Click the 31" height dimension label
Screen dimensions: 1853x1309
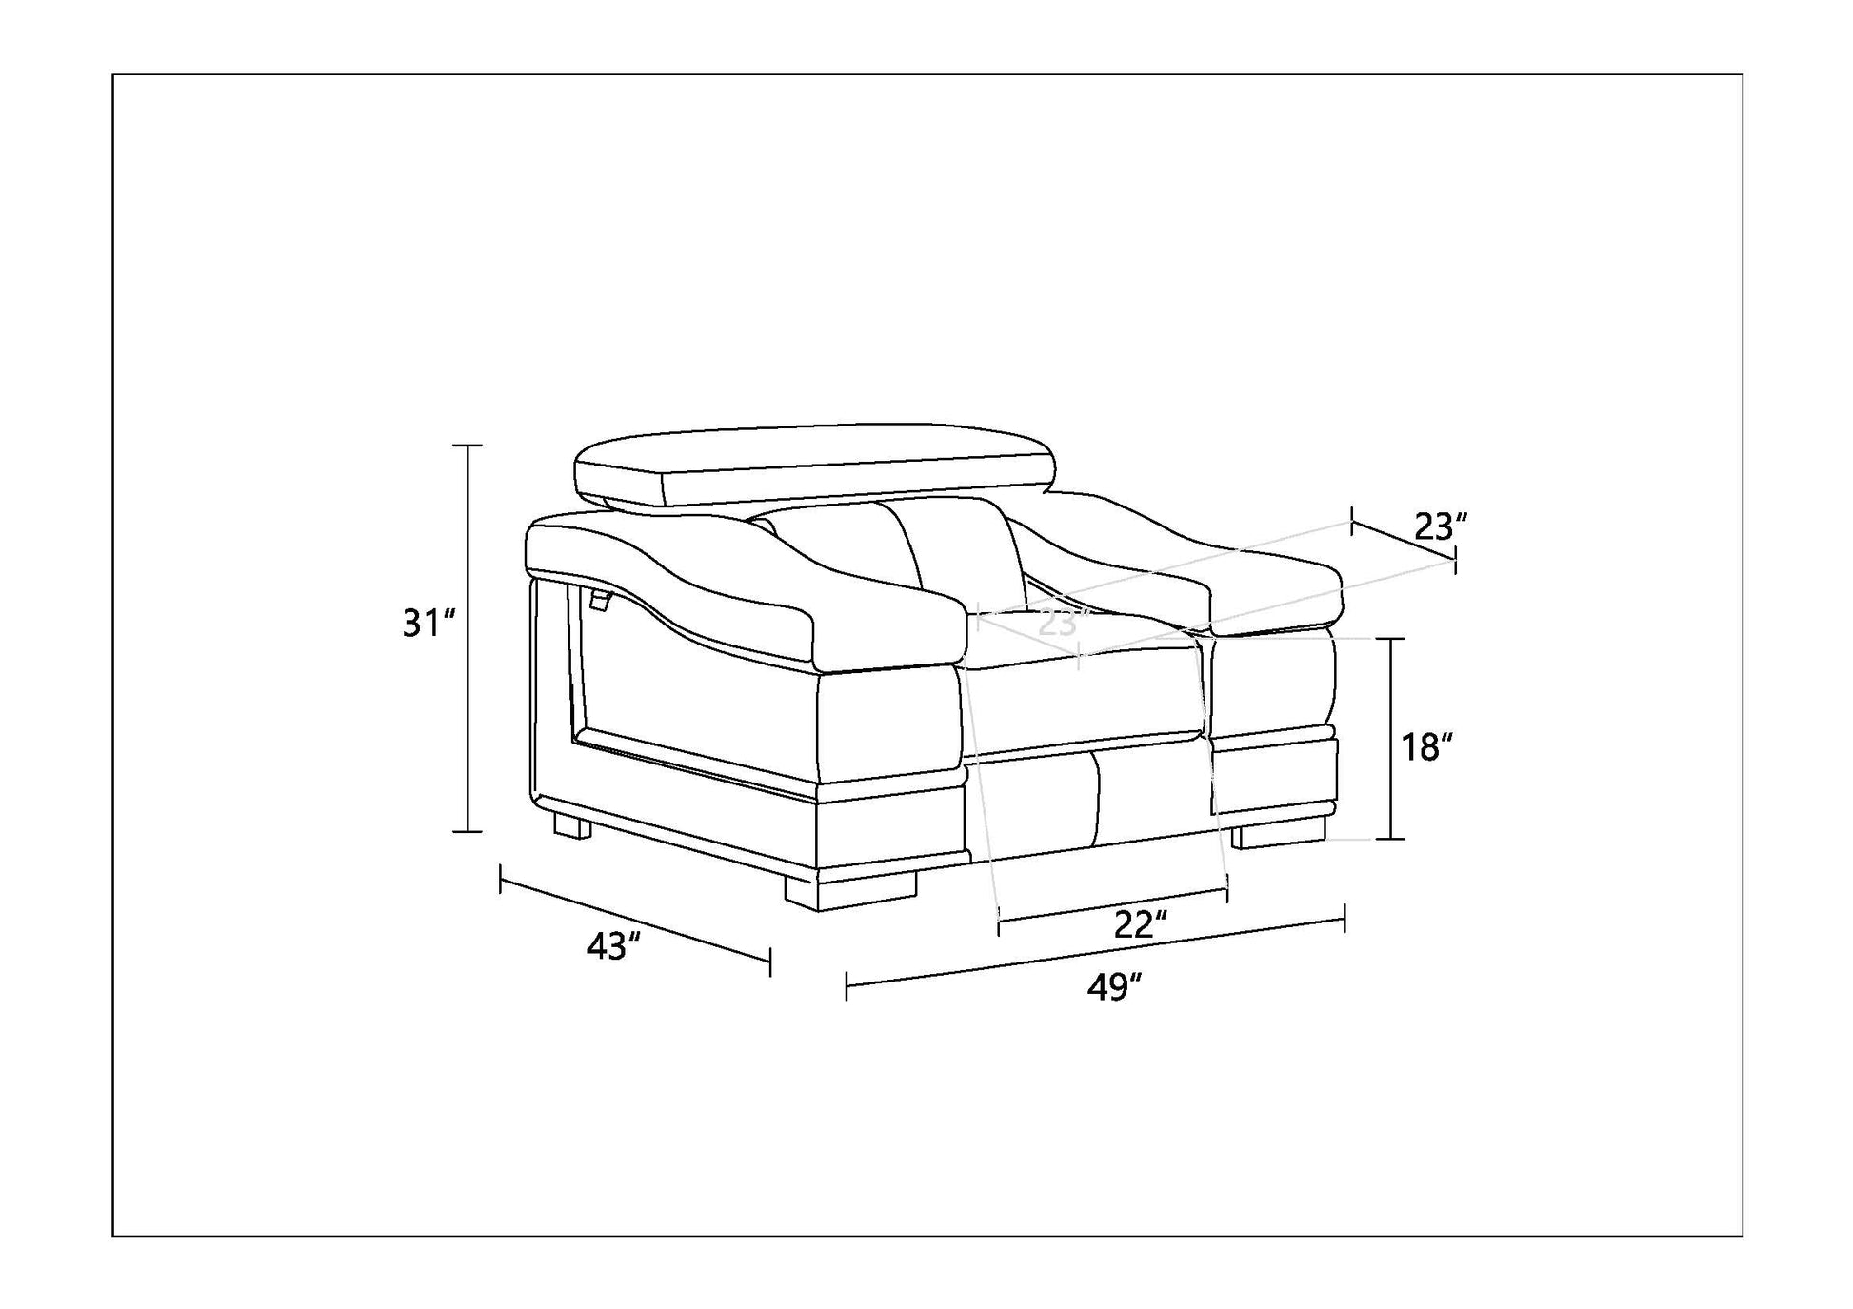[429, 624]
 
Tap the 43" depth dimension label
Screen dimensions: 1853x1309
[613, 945]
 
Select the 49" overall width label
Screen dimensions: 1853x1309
[1114, 987]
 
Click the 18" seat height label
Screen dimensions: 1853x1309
[1425, 747]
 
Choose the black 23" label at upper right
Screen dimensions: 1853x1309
[1441, 526]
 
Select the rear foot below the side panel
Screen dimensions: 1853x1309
[572, 823]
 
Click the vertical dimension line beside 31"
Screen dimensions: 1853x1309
[467, 638]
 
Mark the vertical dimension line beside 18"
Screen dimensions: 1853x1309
[1391, 739]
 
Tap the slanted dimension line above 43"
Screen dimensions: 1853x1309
[635, 921]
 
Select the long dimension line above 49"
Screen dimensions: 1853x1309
[1095, 952]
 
